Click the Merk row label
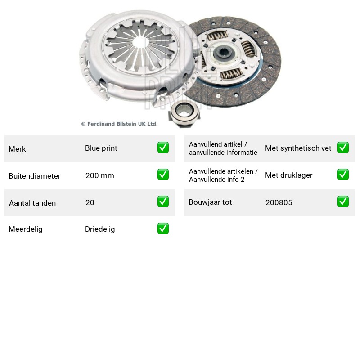coord(17,149)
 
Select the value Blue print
coord(101,148)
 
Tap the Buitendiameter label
coord(35,176)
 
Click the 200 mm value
coord(99,175)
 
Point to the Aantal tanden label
coord(32,203)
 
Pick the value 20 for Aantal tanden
coord(90,202)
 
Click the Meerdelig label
coord(26,229)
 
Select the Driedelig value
coord(100,229)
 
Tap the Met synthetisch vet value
coord(298,148)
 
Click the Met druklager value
coord(288,175)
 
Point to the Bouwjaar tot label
coord(210,202)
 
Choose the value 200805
coord(279,202)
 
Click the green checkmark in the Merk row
coord(163,148)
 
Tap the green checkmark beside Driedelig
coord(163,229)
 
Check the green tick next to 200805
coord(343,201)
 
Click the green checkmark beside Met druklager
coord(343,174)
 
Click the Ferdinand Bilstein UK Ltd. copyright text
coord(119,124)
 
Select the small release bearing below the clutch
coord(184,113)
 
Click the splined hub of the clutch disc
coord(223,53)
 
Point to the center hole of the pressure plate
coord(140,42)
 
